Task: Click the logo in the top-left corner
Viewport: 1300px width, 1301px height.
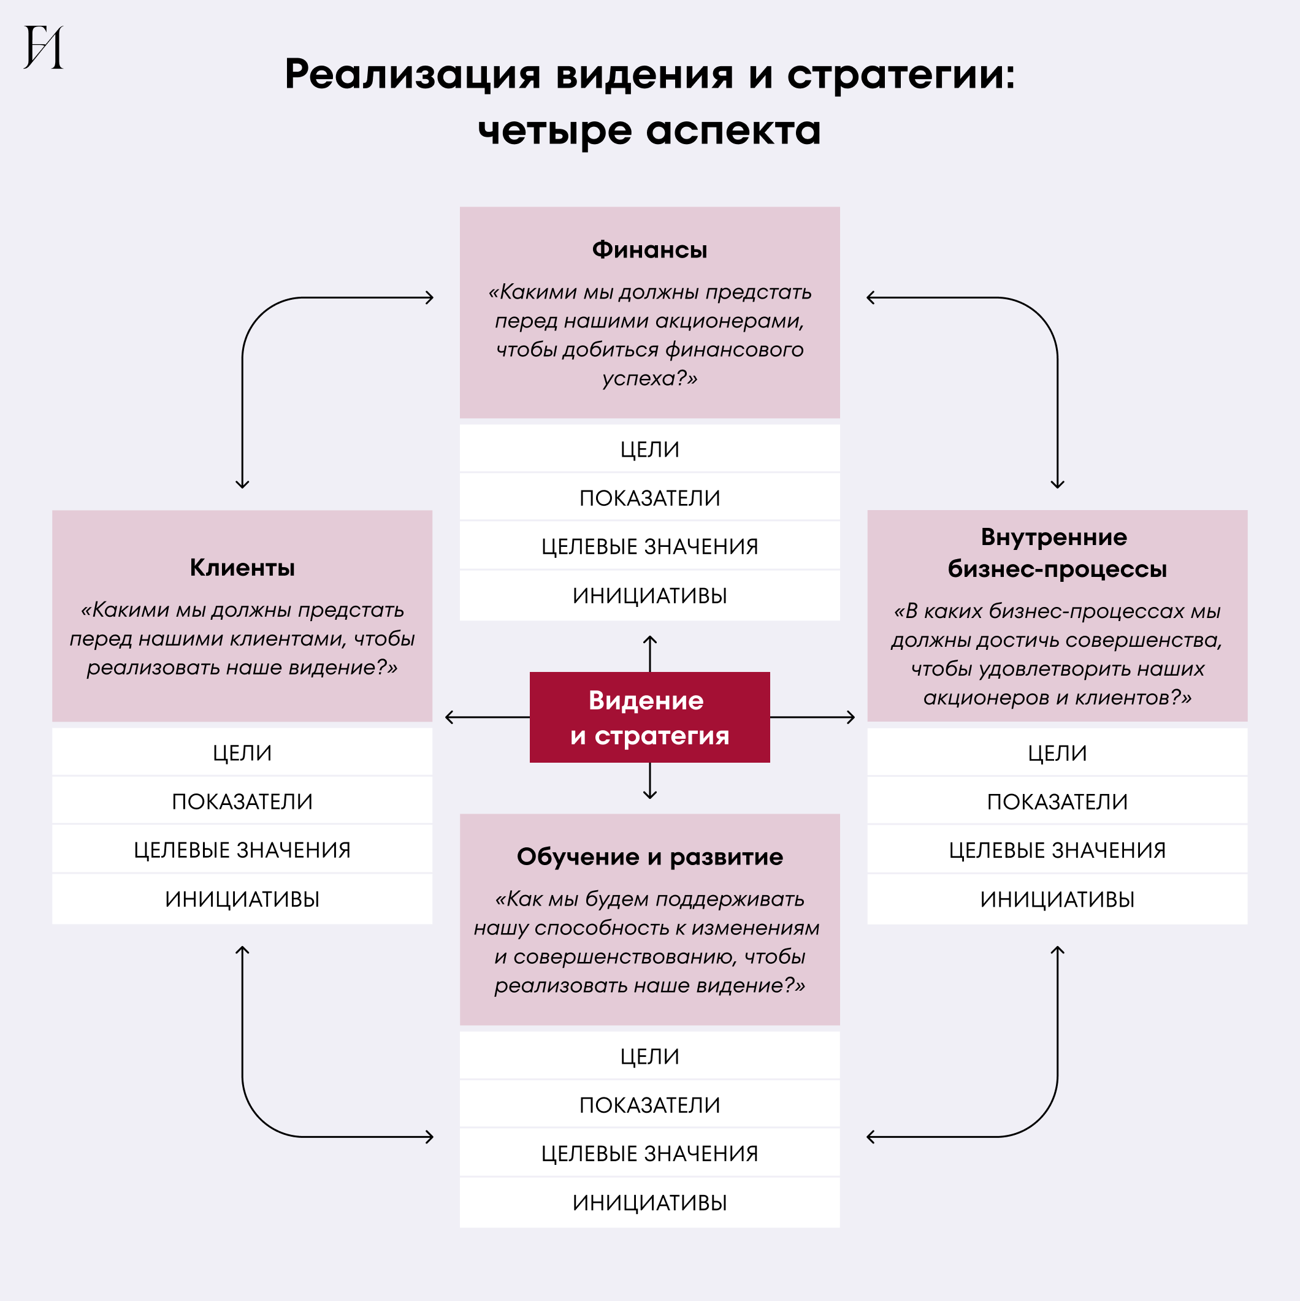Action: (x=44, y=47)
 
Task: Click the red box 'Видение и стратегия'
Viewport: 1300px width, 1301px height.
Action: (x=649, y=717)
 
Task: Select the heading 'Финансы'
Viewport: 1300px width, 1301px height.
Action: (x=649, y=250)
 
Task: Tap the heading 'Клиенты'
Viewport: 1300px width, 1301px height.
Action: (x=242, y=568)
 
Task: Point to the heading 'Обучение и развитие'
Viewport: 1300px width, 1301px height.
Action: (x=649, y=857)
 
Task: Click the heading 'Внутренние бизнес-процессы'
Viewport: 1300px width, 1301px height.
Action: (x=1057, y=553)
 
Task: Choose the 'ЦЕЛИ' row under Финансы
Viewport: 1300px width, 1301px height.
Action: (x=649, y=449)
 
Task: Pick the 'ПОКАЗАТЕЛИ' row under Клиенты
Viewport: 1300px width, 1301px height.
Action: (x=242, y=801)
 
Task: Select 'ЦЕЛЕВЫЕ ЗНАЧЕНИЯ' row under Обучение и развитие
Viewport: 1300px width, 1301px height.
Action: (x=649, y=1153)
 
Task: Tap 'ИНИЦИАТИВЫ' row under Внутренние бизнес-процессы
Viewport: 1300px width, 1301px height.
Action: (x=1057, y=899)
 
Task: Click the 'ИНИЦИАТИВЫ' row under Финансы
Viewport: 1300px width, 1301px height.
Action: (x=649, y=596)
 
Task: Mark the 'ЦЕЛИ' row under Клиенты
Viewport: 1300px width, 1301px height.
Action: (x=242, y=753)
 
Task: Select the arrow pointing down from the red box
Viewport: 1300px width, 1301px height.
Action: (x=649, y=781)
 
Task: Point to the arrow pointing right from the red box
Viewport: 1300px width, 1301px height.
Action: (x=812, y=717)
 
